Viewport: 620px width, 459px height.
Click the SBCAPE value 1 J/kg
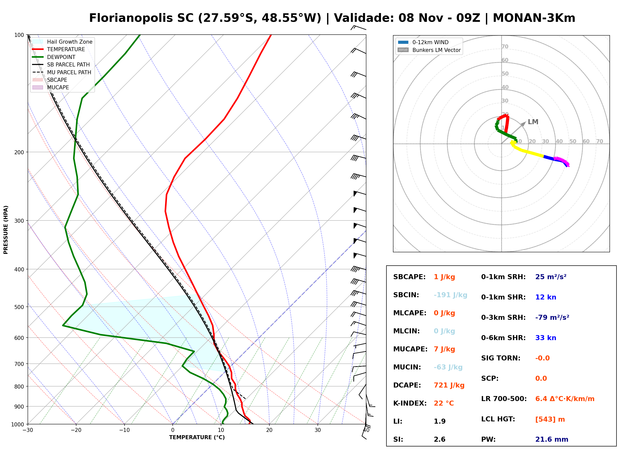pyautogui.click(x=444, y=277)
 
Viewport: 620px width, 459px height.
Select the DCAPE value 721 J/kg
pyautogui.click(x=449, y=385)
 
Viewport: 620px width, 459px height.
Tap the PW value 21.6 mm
pyautogui.click(x=552, y=439)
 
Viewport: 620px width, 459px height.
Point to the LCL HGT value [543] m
pyautogui.click(x=550, y=419)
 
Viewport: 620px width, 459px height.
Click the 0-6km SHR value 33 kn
pyautogui.click(x=546, y=338)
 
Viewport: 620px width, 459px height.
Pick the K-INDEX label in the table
pyautogui.click(x=410, y=403)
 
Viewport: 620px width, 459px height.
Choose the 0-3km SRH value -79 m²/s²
pyautogui.click(x=552, y=318)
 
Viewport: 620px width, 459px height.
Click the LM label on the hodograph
pyautogui.click(x=533, y=122)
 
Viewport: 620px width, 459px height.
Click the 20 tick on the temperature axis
pyautogui.click(x=269, y=430)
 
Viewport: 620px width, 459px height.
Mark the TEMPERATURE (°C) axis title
pyautogui.click(x=197, y=438)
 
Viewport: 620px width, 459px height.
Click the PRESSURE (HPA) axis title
pyautogui.click(x=6, y=230)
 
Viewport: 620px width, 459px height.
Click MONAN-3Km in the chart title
pyautogui.click(x=534, y=18)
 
